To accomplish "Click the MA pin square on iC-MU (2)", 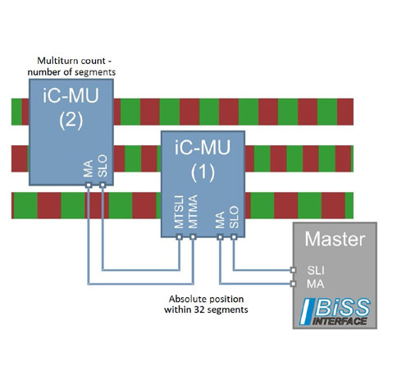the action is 89,186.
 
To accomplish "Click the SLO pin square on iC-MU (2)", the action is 103,186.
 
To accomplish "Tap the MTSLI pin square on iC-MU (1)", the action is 179,237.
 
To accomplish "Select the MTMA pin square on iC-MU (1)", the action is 193,237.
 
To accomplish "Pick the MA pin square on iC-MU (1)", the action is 220,237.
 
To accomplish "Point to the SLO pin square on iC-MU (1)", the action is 234,237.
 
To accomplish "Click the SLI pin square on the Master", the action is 293,270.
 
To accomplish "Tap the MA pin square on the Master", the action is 293,284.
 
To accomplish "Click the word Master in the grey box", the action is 335,239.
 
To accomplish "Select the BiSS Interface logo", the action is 335,312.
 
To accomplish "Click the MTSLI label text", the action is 179,212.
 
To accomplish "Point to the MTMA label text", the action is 193,212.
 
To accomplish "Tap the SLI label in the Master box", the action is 316,271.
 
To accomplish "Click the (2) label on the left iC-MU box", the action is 71,121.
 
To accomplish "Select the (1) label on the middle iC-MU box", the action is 203,173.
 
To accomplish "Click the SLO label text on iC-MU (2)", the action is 103,166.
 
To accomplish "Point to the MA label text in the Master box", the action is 316,284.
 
